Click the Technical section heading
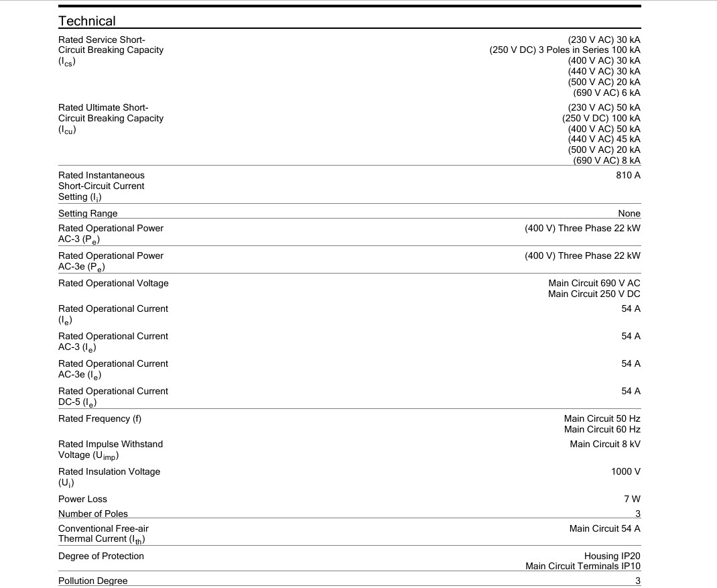pos(86,21)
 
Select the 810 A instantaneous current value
pos(628,175)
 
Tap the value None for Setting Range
pos(629,213)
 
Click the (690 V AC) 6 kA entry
pos(606,93)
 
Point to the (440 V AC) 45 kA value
pos(604,139)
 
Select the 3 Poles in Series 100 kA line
pos(565,50)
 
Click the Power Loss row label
pos(82,499)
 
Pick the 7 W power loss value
pos(632,499)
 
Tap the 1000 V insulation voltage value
pos(625,471)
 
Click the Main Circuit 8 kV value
pos(605,444)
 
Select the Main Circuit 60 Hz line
pos(602,429)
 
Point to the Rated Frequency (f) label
pos(100,418)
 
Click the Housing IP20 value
pos(612,556)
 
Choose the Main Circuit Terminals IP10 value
pos(582,566)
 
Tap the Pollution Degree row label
pos(92,581)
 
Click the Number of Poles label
pos(93,514)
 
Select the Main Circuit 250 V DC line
pos(594,294)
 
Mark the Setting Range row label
pos(88,213)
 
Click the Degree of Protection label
pos(101,556)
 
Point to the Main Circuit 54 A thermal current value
pos(604,528)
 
